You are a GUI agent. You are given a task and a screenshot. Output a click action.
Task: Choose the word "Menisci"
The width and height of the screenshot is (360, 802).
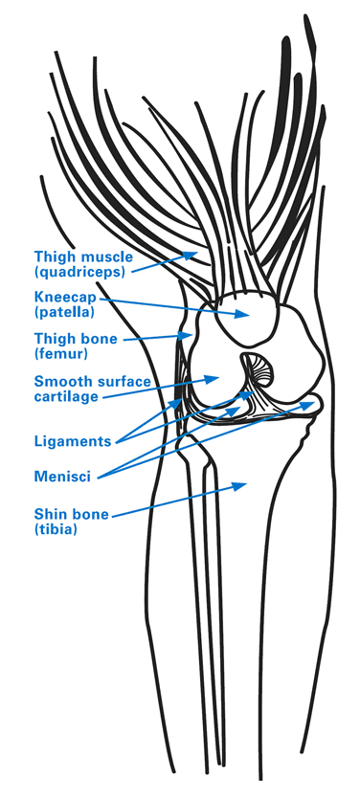click(x=62, y=474)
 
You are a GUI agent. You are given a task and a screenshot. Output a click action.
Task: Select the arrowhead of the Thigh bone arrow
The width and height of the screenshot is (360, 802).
click(x=190, y=336)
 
